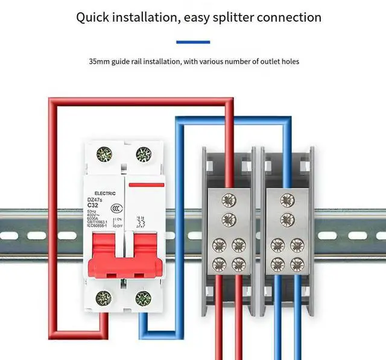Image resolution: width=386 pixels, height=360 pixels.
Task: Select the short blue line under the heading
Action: coord(193,42)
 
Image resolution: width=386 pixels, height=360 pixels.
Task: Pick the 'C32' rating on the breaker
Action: coord(93,205)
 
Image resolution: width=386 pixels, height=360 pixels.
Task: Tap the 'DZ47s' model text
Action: coord(96,199)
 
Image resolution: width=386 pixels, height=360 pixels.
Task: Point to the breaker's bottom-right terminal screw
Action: coord(143,297)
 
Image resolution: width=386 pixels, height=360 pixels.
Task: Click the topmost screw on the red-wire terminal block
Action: coord(229,198)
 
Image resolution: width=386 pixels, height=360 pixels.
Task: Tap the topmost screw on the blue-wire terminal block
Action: coord(286,198)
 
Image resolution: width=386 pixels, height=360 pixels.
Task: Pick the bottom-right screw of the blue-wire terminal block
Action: coord(296,264)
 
